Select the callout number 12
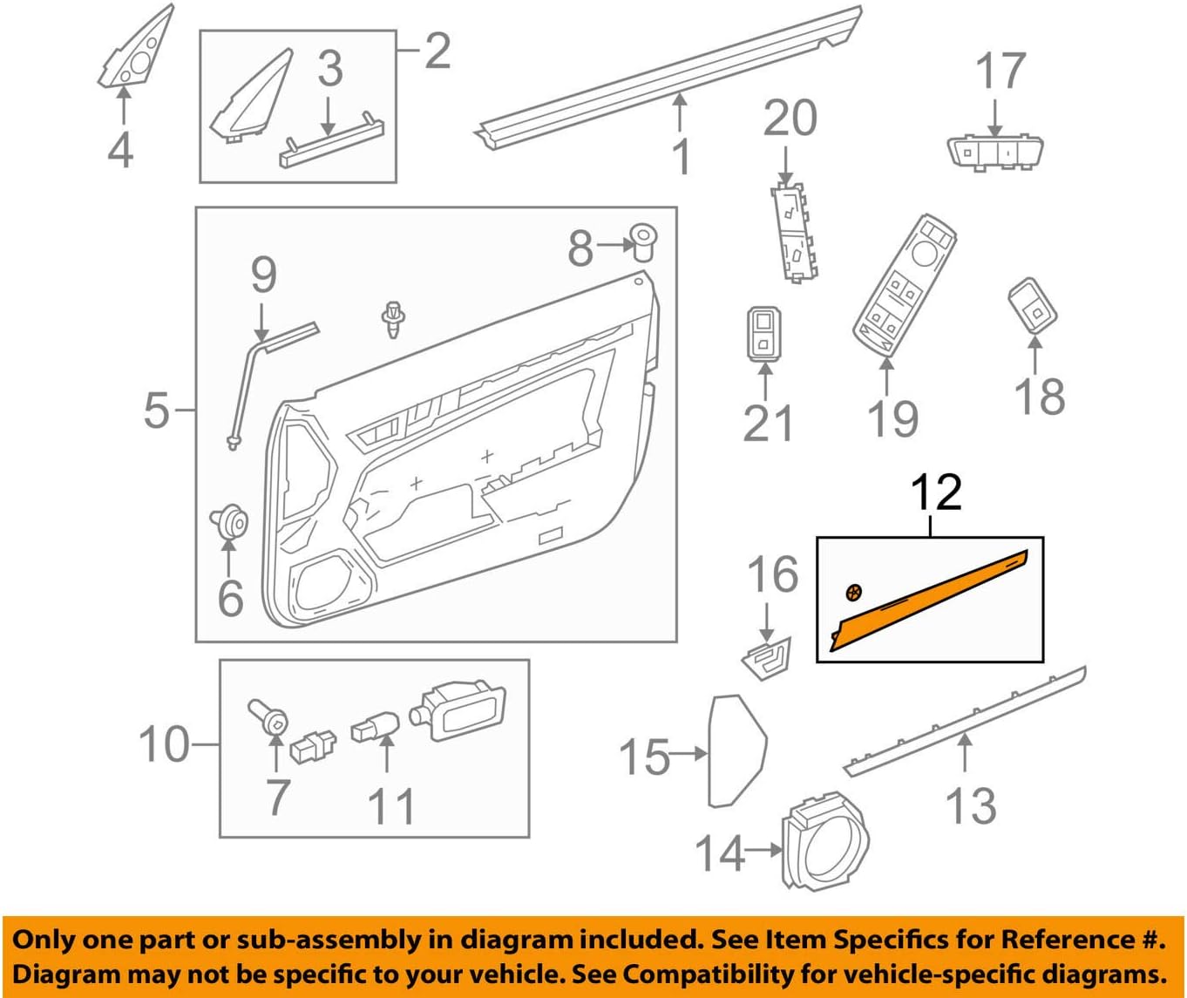[x=936, y=492]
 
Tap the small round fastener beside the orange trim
[x=853, y=593]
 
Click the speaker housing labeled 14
[x=824, y=840]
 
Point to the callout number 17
[x=1000, y=71]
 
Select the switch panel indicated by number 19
[x=904, y=285]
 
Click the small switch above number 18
[x=1033, y=305]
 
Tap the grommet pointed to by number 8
[x=643, y=241]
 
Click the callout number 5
[x=156, y=411]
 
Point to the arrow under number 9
[x=261, y=322]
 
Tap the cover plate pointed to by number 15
[x=737, y=751]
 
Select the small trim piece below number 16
[x=766, y=659]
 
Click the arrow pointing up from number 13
[x=965, y=752]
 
